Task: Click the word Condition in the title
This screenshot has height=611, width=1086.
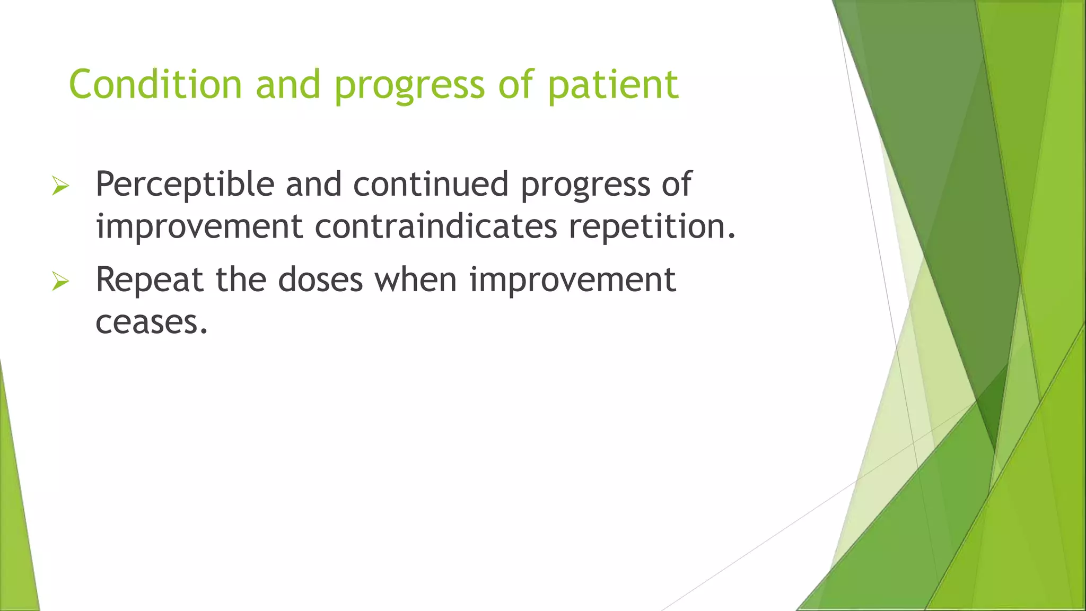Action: pyautogui.click(x=155, y=84)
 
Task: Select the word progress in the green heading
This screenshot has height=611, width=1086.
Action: pyautogui.click(x=409, y=86)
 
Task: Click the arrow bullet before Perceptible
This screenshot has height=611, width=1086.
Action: pyautogui.click(x=60, y=186)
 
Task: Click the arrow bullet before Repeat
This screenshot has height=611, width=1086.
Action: pyautogui.click(x=60, y=281)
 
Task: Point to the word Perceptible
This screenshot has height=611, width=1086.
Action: pyautogui.click(x=185, y=185)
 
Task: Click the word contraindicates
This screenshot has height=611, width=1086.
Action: pyautogui.click(x=436, y=226)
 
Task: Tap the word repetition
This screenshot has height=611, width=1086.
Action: pyautogui.click(x=652, y=228)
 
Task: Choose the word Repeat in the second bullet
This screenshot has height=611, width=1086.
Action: pyautogui.click(x=150, y=281)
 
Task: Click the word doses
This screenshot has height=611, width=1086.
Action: pyautogui.click(x=320, y=280)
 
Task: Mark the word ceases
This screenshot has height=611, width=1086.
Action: pyautogui.click(x=152, y=322)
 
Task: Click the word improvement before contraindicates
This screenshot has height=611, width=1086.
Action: pyautogui.click(x=199, y=226)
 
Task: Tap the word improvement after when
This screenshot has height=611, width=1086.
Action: pyautogui.click(x=572, y=280)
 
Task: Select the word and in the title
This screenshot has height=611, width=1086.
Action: pyautogui.click(x=288, y=84)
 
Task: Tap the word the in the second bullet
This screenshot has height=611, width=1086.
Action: pyautogui.click(x=241, y=280)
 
